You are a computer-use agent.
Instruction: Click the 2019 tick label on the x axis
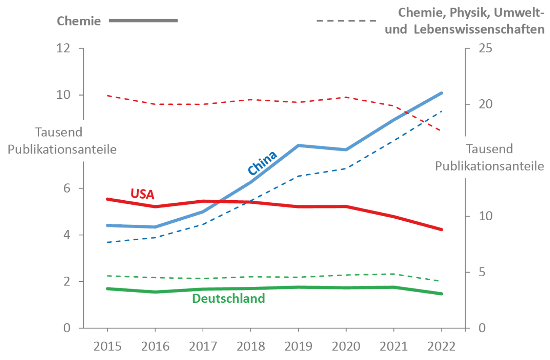click(x=298, y=346)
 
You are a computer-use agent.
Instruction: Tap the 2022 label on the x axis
click(x=442, y=346)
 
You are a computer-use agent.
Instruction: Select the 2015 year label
click(x=107, y=346)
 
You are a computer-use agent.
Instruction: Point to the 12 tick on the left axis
click(x=63, y=48)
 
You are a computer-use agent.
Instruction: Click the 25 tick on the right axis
click(x=486, y=48)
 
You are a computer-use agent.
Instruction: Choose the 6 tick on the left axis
click(x=67, y=188)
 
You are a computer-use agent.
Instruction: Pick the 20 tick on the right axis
click(x=486, y=104)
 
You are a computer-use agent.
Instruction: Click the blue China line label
click(x=262, y=163)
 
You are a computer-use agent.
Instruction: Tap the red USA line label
click(x=143, y=194)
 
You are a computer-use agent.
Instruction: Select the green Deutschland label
click(x=229, y=299)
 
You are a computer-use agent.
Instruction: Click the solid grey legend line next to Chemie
click(x=143, y=20)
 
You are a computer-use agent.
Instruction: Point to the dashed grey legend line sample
click(x=346, y=20)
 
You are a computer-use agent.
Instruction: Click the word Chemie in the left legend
click(x=79, y=21)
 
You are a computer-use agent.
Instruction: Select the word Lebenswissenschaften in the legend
click(x=479, y=30)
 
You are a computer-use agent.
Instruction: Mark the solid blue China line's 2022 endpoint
click(x=442, y=93)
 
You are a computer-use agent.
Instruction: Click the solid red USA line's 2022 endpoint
click(x=442, y=229)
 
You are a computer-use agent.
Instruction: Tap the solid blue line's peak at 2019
click(x=298, y=145)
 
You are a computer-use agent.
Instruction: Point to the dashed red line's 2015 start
click(x=107, y=96)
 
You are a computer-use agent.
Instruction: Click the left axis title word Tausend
click(x=58, y=132)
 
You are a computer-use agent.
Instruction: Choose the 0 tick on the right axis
click(x=482, y=328)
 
